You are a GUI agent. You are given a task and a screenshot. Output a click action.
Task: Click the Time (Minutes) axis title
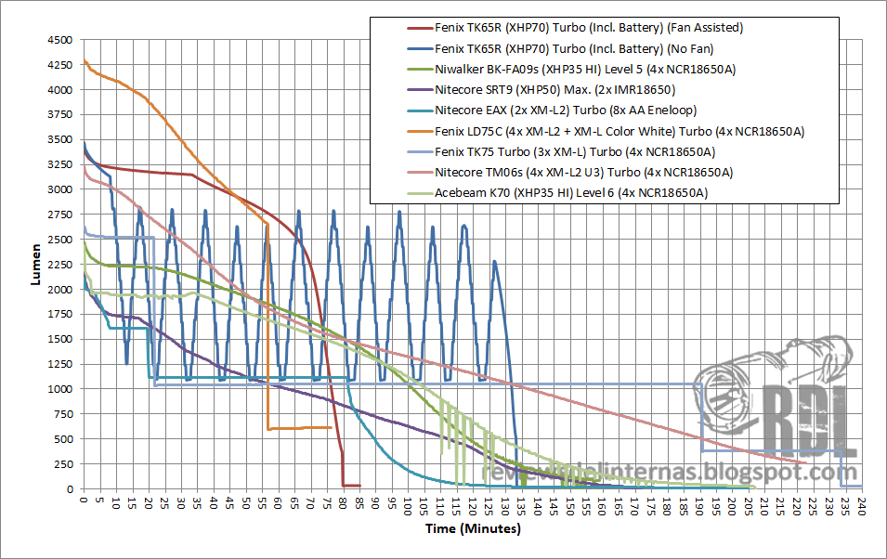click(474, 529)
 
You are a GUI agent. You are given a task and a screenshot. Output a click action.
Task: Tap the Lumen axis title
click(34, 265)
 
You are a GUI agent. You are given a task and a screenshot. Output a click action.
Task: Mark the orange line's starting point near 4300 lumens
click(85, 61)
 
